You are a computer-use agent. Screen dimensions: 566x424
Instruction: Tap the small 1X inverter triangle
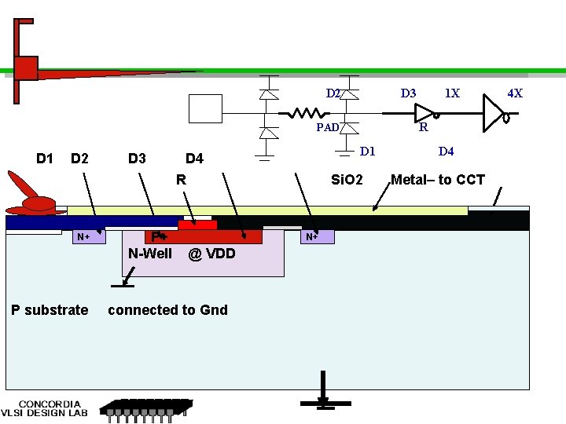[x=424, y=113]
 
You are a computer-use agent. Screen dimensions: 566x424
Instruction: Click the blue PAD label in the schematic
[x=328, y=127]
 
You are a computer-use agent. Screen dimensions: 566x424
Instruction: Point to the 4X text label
[x=515, y=93]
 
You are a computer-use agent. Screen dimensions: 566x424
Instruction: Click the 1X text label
[x=452, y=93]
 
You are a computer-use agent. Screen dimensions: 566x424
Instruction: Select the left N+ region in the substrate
[x=89, y=237]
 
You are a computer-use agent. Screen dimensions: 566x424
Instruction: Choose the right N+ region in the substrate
[x=318, y=236]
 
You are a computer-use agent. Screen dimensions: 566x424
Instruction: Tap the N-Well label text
[x=150, y=254]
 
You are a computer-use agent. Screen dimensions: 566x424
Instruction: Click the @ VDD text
[x=211, y=254]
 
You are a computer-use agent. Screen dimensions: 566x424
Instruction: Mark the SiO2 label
[x=347, y=180]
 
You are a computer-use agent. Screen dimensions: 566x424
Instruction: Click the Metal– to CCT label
[x=438, y=180]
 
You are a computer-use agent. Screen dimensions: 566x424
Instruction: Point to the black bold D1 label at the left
[x=45, y=159]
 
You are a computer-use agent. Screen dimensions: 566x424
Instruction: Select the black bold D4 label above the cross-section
[x=195, y=159]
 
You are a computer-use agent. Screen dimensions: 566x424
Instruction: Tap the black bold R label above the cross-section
[x=182, y=180]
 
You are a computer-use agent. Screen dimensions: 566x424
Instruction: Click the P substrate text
[x=50, y=310]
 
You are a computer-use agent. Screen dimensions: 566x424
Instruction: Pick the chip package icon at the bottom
[x=146, y=411]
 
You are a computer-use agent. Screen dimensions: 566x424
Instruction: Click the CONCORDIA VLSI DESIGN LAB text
[x=44, y=408]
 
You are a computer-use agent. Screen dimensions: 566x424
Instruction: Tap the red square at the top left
[x=26, y=68]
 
